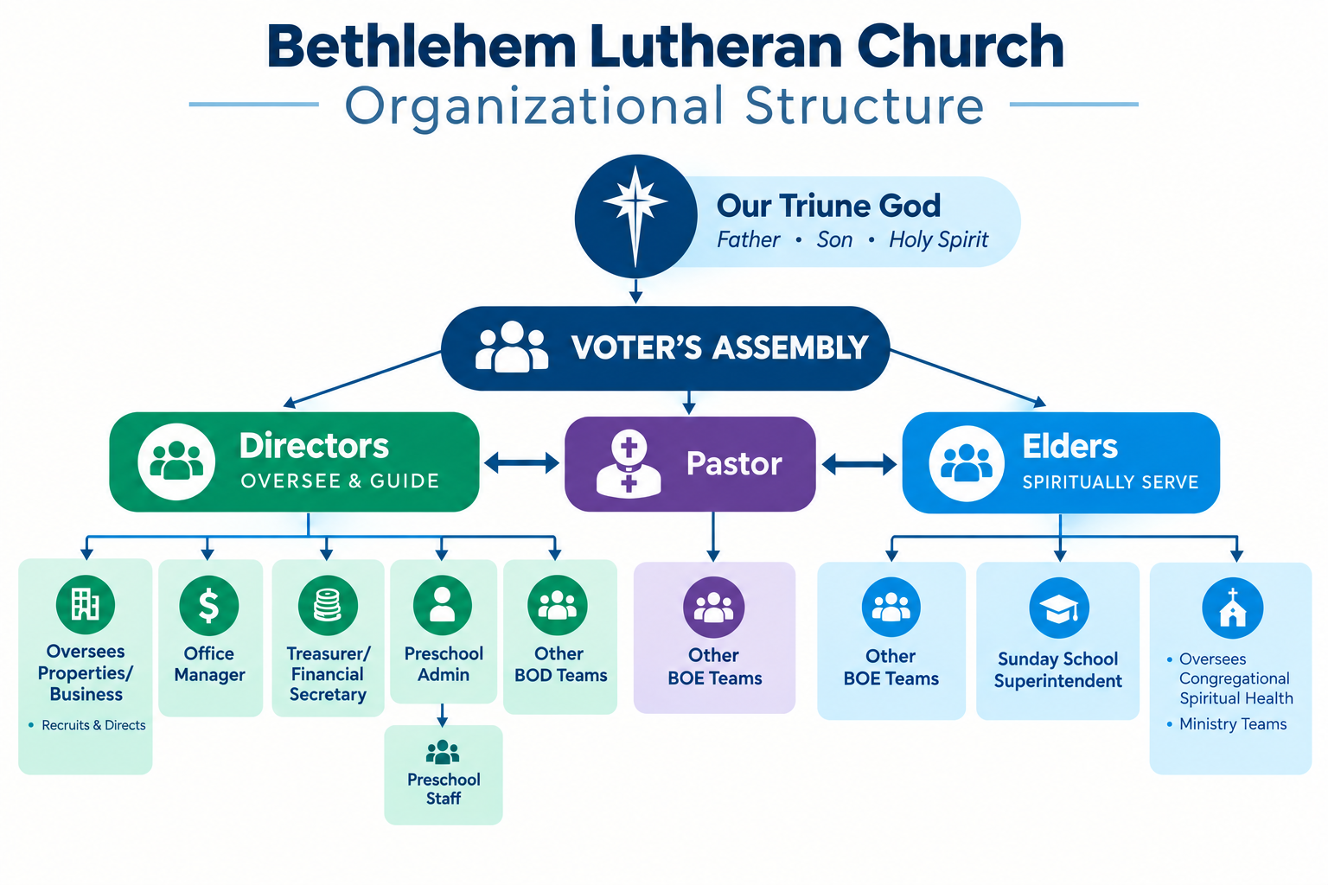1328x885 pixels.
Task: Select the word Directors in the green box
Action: pyautogui.click(x=314, y=446)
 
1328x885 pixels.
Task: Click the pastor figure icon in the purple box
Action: pyautogui.click(x=629, y=463)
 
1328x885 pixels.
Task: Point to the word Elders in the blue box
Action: pyautogui.click(x=1070, y=446)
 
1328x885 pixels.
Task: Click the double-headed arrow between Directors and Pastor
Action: pyautogui.click(x=521, y=463)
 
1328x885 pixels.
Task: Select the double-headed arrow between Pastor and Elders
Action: pyautogui.click(x=859, y=464)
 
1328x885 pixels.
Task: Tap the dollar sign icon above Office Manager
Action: pyautogui.click(x=208, y=606)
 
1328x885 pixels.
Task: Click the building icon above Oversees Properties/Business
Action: pyautogui.click(x=86, y=605)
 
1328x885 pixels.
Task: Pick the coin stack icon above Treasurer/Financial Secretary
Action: pyautogui.click(x=328, y=606)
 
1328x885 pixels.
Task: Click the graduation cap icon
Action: pyautogui.click(x=1059, y=608)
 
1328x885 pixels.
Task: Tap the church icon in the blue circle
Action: pyautogui.click(x=1233, y=608)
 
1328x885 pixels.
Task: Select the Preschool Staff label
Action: pyautogui.click(x=444, y=789)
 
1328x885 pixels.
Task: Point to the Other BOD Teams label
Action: pyautogui.click(x=560, y=665)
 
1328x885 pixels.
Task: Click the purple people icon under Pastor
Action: pyautogui.click(x=714, y=608)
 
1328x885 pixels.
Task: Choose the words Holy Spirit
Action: pyautogui.click(x=938, y=240)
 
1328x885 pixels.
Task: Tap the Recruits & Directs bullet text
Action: pyautogui.click(x=93, y=725)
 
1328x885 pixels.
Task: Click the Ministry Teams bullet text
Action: pyautogui.click(x=1233, y=723)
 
